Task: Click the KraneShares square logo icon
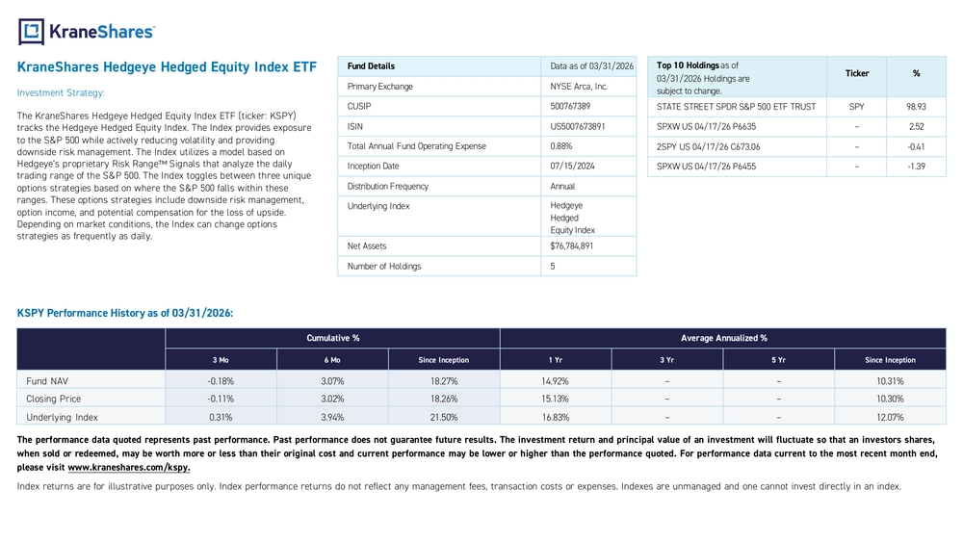tap(32, 32)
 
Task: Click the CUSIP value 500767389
tap(570, 106)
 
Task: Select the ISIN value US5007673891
tap(577, 126)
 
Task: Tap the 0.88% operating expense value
tap(560, 146)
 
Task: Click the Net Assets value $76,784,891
tap(572, 246)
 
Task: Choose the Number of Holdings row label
tap(384, 267)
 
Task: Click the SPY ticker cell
tap(857, 107)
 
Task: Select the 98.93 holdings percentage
tap(916, 107)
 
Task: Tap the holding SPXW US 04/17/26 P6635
tap(706, 126)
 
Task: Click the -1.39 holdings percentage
tap(917, 167)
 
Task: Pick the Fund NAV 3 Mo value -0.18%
tap(221, 381)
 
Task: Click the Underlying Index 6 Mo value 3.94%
tap(332, 418)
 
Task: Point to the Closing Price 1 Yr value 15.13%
tap(556, 399)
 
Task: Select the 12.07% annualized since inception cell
tap(890, 418)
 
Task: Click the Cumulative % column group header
tap(333, 338)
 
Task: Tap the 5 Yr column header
tap(778, 360)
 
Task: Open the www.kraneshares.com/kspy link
tap(129, 467)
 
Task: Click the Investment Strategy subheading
tap(61, 92)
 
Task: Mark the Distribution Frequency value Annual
tap(562, 186)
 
